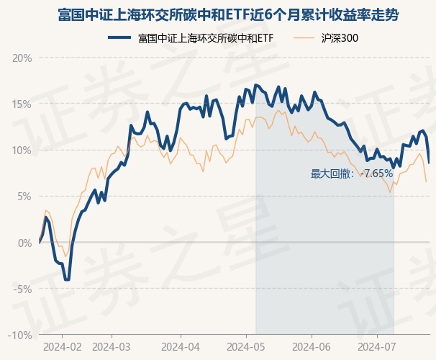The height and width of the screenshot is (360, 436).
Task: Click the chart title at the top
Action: point(218,14)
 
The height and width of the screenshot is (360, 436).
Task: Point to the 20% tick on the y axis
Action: point(22,58)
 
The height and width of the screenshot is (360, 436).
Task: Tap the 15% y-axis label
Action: point(22,104)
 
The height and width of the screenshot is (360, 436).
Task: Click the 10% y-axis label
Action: point(22,150)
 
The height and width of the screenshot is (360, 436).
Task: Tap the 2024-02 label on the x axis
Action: point(61,347)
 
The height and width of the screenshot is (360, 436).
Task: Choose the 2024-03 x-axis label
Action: point(111,347)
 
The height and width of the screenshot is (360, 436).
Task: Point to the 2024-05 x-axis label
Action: point(245,347)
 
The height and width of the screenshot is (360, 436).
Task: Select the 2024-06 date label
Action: point(311,347)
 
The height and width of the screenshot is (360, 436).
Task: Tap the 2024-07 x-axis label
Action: point(377,347)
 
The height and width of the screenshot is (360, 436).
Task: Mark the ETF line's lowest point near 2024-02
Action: point(67,279)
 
